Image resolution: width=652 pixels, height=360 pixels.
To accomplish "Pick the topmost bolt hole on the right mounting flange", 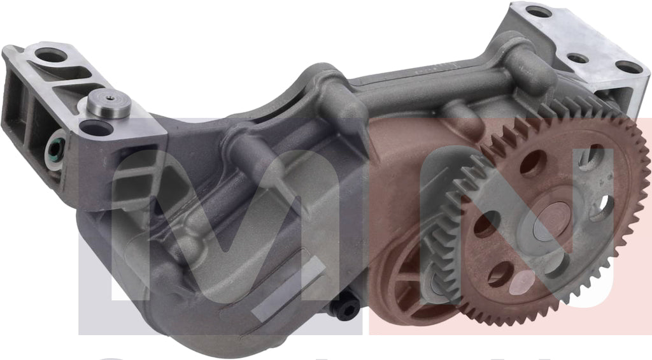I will [538, 12].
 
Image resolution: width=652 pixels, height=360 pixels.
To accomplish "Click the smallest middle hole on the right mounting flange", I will [578, 59].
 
